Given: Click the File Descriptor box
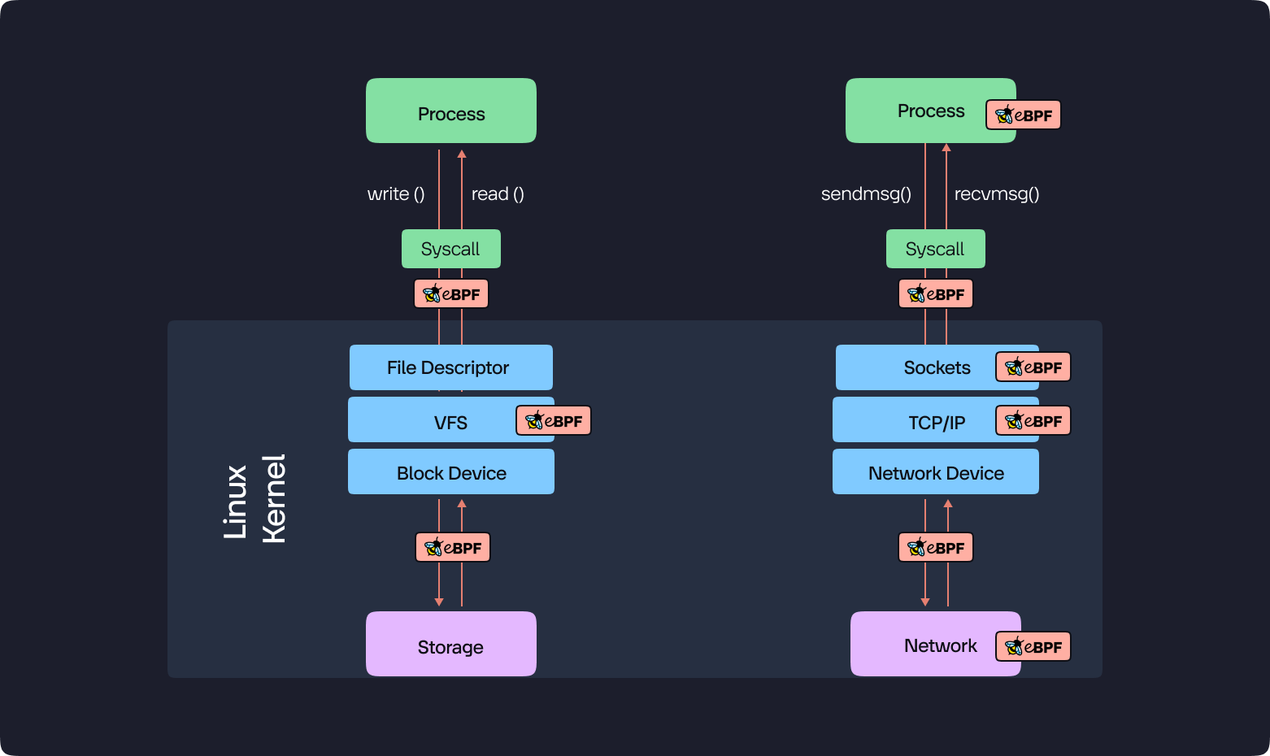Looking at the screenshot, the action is click(x=450, y=367).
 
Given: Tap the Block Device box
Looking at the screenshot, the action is click(x=450, y=471).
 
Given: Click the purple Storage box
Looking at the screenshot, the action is click(x=450, y=643).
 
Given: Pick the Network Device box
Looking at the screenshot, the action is click(x=936, y=471).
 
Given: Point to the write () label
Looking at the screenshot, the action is click(x=396, y=193).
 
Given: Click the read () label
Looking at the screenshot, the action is click(x=498, y=193).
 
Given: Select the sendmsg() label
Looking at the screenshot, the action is click(x=866, y=193).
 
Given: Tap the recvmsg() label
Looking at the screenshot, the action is click(x=997, y=193).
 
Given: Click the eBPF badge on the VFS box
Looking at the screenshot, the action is click(x=554, y=420).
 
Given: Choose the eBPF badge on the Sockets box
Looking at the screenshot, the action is click(x=1033, y=367).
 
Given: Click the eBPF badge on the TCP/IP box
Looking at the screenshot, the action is click(x=1033, y=420).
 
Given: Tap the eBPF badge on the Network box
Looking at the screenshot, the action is click(x=1033, y=646).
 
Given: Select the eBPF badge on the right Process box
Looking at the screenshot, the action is click(x=1024, y=115).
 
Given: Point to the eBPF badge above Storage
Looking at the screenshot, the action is click(x=452, y=547).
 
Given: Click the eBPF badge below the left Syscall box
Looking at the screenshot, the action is click(x=451, y=293).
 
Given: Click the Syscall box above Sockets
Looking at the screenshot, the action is click(x=936, y=248).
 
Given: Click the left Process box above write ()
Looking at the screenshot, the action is click(x=450, y=111).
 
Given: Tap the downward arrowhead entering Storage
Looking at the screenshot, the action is click(x=439, y=602).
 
